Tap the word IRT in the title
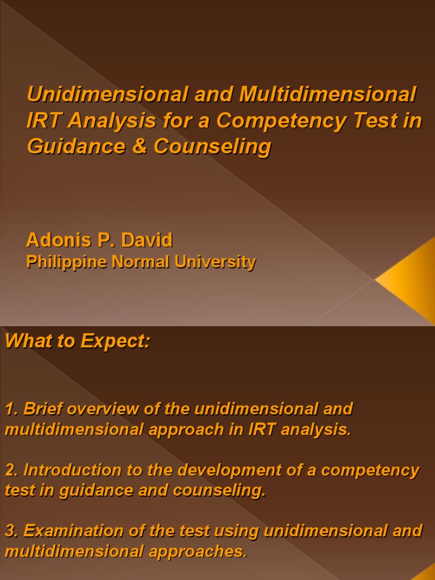(41, 121)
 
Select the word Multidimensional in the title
(328, 95)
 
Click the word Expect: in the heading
(116, 342)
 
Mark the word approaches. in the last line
(203, 552)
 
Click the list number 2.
(10, 470)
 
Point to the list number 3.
(10, 531)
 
